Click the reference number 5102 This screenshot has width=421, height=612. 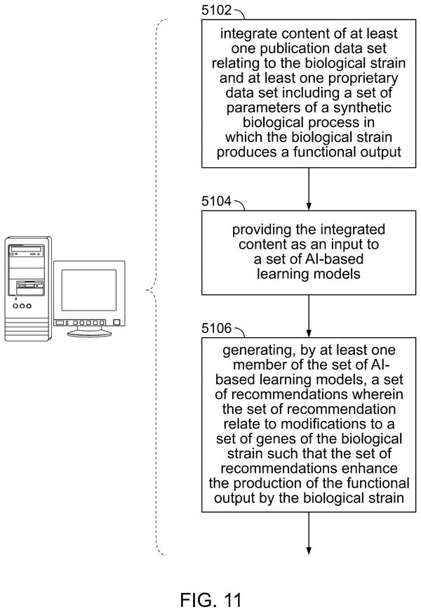(x=217, y=10)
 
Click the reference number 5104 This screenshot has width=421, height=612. (x=217, y=202)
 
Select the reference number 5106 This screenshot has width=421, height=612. (x=217, y=328)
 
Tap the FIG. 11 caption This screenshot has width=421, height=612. (x=211, y=599)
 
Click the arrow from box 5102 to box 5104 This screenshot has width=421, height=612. (x=309, y=189)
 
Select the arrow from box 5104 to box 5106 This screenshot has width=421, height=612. (x=309, y=316)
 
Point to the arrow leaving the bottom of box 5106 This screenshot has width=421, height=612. (x=309, y=533)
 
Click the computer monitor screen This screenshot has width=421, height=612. (x=89, y=290)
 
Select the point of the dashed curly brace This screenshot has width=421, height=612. (x=147, y=290)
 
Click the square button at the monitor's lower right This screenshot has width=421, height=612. (x=116, y=323)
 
